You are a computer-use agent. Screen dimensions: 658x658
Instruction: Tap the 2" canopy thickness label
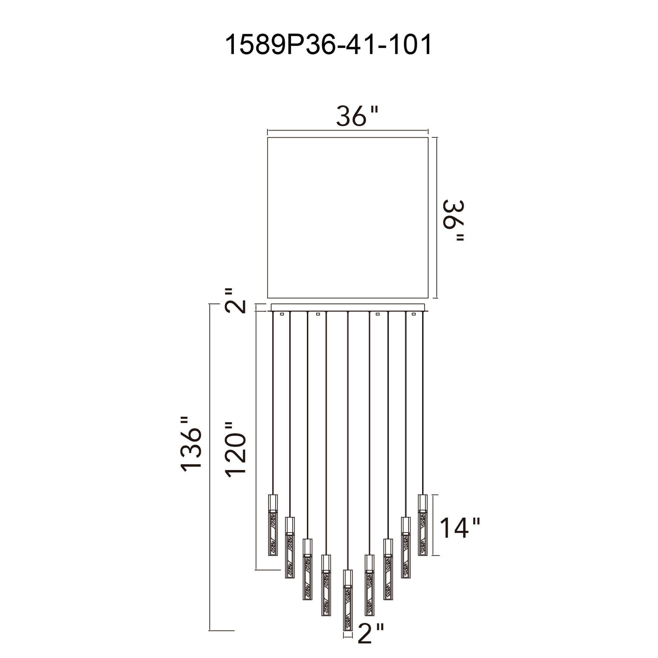(235, 301)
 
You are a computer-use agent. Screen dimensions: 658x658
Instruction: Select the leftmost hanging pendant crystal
(273, 525)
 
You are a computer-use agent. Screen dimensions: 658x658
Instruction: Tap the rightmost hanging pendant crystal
(423, 525)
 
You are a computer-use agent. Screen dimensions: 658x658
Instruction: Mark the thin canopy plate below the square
(348, 307)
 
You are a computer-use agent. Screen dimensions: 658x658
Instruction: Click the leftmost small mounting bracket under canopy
(282, 314)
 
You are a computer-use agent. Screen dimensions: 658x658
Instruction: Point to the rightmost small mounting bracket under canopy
(414, 314)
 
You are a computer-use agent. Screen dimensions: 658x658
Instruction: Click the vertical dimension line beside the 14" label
(434, 525)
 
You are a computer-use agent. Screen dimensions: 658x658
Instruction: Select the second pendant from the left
(290, 547)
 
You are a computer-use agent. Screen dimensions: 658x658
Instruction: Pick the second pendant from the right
(406, 547)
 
